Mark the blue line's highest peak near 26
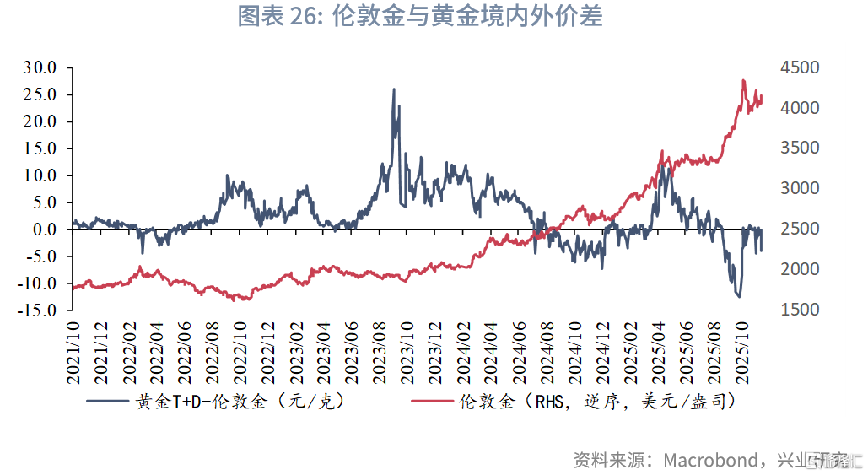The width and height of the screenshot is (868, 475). [x=394, y=89]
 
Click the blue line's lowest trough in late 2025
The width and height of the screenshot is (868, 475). [x=739, y=296]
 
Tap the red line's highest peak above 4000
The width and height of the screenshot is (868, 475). [x=743, y=81]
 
